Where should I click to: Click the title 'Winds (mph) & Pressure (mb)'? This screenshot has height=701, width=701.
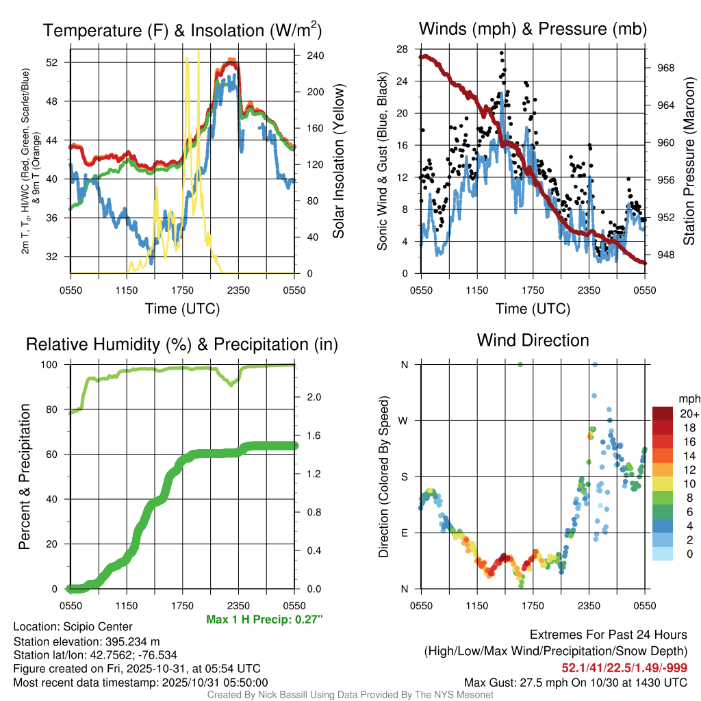(533, 29)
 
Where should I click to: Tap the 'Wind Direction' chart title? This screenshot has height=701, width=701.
(533, 340)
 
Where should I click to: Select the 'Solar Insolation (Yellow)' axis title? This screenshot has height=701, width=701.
(339, 161)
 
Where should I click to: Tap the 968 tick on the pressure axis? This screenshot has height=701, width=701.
(665, 68)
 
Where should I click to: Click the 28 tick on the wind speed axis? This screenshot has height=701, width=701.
(403, 49)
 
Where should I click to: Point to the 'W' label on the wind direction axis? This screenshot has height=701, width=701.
(404, 420)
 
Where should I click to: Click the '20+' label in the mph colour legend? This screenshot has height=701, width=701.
(689, 414)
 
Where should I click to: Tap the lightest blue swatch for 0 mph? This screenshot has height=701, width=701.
(664, 554)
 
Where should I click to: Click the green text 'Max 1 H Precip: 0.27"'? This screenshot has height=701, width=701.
(264, 620)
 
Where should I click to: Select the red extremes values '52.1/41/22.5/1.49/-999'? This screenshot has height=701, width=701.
(624, 667)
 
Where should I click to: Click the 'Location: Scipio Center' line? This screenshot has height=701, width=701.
(73, 626)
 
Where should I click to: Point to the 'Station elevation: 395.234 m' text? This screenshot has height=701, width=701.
(86, 641)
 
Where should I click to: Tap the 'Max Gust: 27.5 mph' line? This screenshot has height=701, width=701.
(575, 682)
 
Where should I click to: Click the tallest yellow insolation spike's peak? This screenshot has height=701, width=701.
(199, 51)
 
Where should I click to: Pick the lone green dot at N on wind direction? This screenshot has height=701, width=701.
(520, 365)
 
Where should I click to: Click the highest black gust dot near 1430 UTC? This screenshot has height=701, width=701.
(502, 53)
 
